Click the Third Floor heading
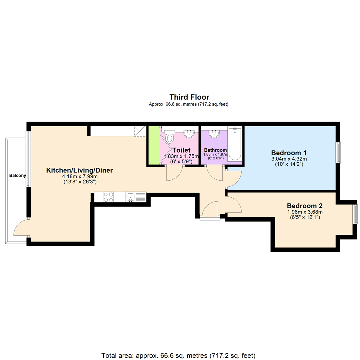point(189,97)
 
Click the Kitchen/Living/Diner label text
point(79,170)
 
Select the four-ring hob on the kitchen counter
point(108,197)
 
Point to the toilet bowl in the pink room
point(170,138)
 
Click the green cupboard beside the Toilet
point(154,145)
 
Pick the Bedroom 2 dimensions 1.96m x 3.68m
point(305,212)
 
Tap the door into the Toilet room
point(174,173)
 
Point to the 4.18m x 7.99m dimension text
point(79,176)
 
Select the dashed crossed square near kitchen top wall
point(140,131)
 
